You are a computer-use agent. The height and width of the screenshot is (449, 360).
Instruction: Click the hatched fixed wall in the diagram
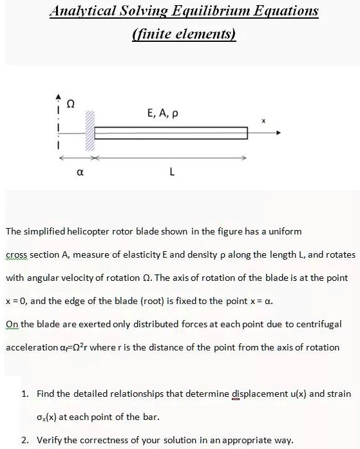pyautogui.click(x=90, y=133)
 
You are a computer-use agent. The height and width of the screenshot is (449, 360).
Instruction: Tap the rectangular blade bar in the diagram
pyautogui.click(x=171, y=133)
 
